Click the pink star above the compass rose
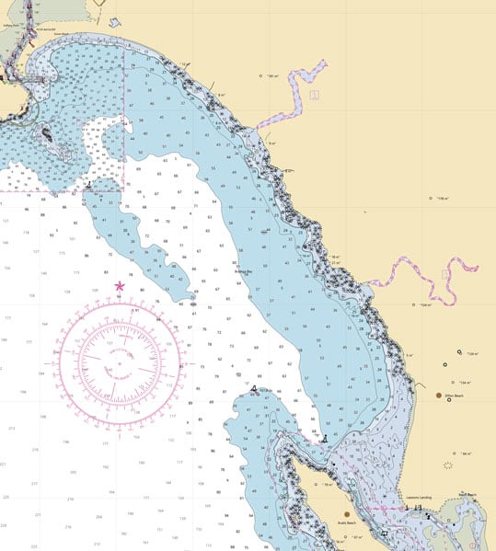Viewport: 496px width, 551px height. click(x=119, y=286)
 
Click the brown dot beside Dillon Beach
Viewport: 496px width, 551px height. click(x=438, y=395)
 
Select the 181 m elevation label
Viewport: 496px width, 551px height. click(x=272, y=76)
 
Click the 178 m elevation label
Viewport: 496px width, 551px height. click(x=442, y=199)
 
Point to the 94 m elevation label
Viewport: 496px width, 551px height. click(x=466, y=453)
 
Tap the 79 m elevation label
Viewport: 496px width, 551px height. click(x=327, y=483)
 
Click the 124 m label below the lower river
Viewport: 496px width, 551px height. click(x=425, y=304)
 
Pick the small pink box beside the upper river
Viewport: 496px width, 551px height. click(x=315, y=94)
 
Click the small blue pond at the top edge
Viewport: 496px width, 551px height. click(x=114, y=21)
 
